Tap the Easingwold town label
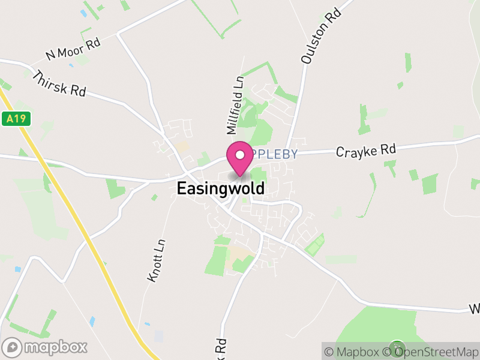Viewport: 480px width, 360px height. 220,188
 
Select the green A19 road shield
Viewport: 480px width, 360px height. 16,119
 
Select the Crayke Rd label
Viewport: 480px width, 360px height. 366,151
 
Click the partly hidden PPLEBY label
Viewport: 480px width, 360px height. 275,154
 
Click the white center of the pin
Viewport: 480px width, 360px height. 240,155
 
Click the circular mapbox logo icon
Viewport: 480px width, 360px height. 13,347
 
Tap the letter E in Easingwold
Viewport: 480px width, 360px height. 181,188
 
